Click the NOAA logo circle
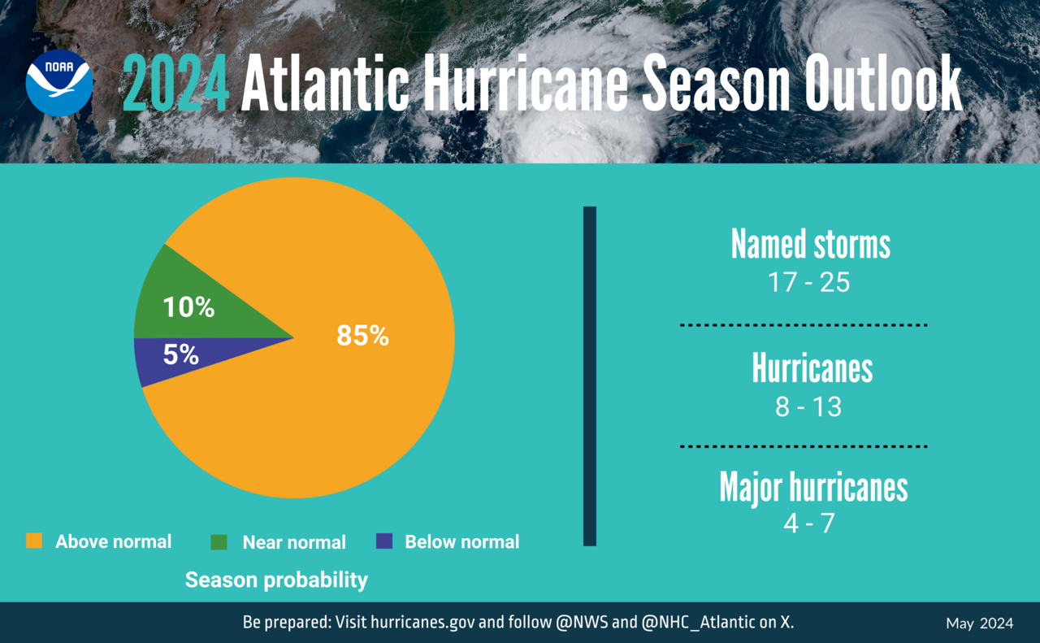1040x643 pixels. pyautogui.click(x=59, y=83)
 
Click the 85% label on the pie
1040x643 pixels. pyautogui.click(x=363, y=336)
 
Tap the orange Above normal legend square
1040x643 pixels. pyautogui.click(x=34, y=541)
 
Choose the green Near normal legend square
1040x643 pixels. pyautogui.click(x=219, y=541)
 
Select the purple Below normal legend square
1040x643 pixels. pyautogui.click(x=384, y=541)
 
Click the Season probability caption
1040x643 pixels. pyautogui.click(x=276, y=580)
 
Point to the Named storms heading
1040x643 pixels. pyautogui.click(x=810, y=244)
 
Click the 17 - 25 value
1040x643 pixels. pyautogui.click(x=809, y=283)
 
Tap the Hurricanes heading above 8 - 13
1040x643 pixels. pyautogui.click(x=812, y=368)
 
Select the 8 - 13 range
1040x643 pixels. pyautogui.click(x=808, y=406)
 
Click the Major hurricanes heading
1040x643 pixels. pyautogui.click(x=813, y=487)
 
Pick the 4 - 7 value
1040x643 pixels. pyautogui.click(x=808, y=524)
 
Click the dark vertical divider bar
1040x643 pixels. pyautogui.click(x=590, y=376)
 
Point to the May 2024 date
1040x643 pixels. pyautogui.click(x=979, y=623)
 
